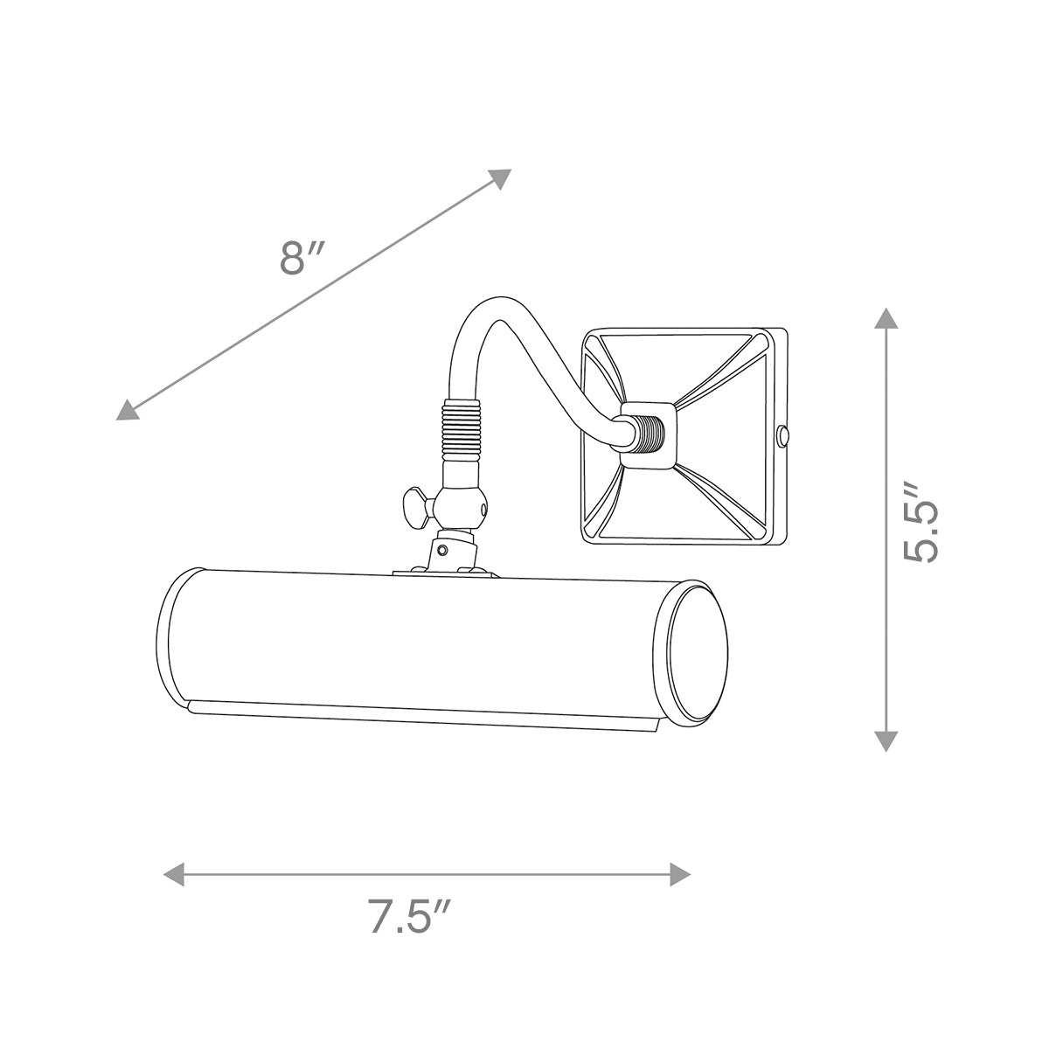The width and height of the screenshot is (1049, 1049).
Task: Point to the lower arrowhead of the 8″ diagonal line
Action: (129, 409)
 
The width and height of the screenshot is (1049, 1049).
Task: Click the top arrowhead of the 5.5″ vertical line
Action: (886, 318)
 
